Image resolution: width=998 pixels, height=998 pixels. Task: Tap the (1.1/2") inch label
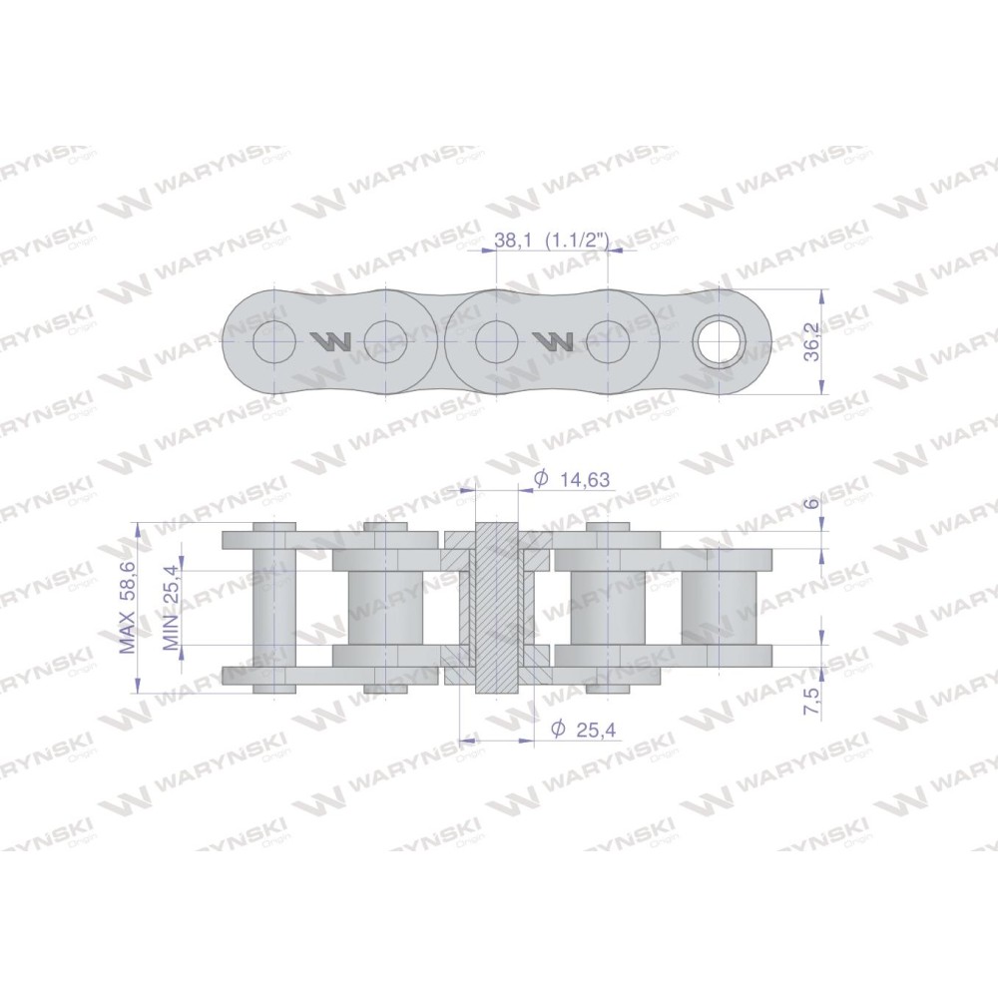pos(578,241)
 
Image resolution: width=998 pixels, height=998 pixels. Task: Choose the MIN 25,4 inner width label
pos(171,607)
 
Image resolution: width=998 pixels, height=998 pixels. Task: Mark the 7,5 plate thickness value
pos(812,701)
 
